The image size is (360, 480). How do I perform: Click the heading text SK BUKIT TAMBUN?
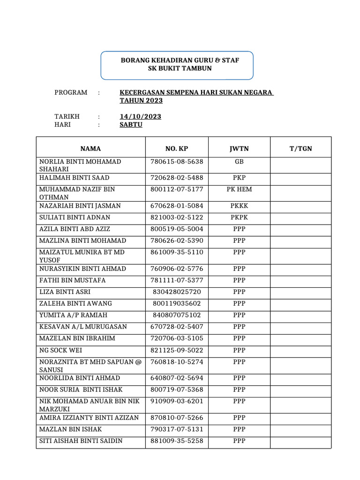[177, 68]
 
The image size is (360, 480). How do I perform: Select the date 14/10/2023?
[140, 116]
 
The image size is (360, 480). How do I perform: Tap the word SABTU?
[131, 125]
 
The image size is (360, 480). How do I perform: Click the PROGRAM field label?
[71, 92]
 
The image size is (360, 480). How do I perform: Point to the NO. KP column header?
[177, 149]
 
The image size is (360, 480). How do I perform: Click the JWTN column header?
[239, 149]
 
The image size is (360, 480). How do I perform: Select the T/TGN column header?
[300, 149]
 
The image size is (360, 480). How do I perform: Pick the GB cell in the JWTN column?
[239, 161]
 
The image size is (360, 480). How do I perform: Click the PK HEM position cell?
[239, 189]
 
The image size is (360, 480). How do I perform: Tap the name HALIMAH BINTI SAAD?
[74, 178]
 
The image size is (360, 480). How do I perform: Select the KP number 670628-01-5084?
[177, 206]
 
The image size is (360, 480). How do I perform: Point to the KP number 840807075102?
[177, 315]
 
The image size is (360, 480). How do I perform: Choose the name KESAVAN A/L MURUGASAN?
[83, 327]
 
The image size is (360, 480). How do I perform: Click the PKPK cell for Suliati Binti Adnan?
[239, 217]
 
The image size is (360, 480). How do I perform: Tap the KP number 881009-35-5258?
[177, 441]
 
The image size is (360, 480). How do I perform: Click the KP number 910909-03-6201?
[177, 401]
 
